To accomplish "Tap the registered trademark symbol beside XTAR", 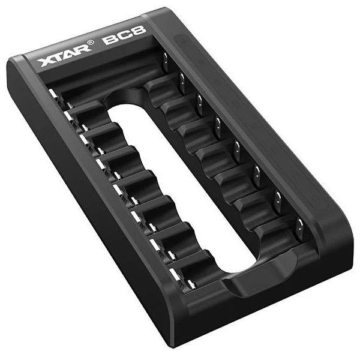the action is [91, 43].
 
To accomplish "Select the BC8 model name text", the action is [124, 35].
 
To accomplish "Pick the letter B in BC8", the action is [110, 39].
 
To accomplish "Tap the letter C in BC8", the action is [124, 35].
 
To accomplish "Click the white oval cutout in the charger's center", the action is [181, 188].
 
